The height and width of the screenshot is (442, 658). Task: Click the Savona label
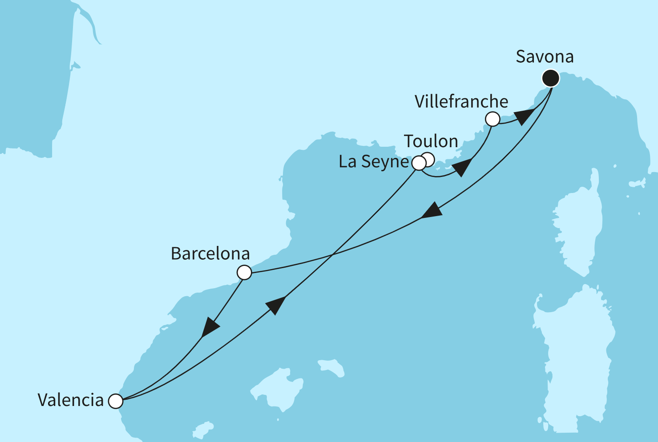click(545, 57)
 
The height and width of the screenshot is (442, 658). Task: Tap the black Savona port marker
click(551, 78)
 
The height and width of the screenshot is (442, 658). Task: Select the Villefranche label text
click(461, 102)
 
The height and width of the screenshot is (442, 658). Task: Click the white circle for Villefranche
click(492, 119)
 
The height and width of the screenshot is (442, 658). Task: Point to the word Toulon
click(431, 141)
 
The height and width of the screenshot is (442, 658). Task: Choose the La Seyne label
click(373, 161)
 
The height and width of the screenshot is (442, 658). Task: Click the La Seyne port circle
click(419, 163)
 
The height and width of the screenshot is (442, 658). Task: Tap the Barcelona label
click(210, 254)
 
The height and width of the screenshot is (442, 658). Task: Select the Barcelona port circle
click(244, 272)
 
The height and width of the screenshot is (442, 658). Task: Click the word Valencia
click(70, 400)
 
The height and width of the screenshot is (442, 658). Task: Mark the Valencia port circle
click(116, 401)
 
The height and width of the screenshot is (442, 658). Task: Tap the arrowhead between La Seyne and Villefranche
click(462, 168)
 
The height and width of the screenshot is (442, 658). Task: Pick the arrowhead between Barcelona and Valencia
click(210, 327)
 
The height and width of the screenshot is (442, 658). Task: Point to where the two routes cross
click(332, 255)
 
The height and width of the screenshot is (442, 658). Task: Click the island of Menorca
click(332, 368)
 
